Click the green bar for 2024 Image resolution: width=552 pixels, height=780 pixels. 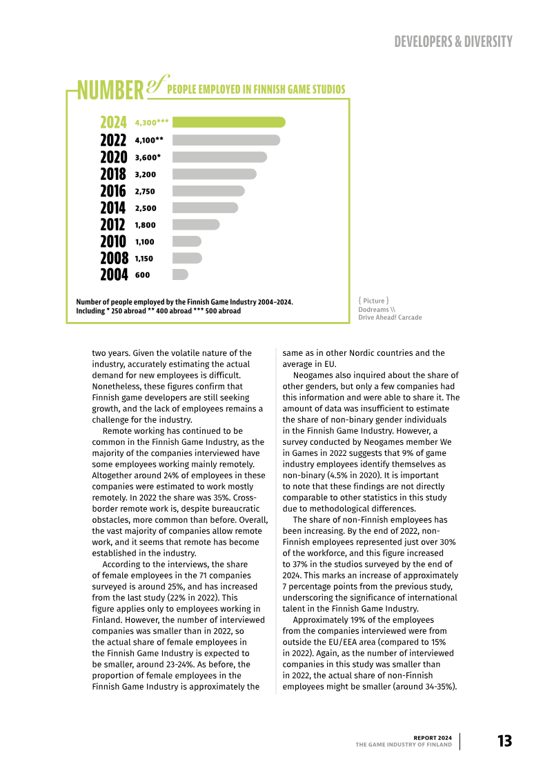[x=228, y=122]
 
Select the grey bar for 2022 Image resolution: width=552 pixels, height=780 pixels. [x=226, y=140]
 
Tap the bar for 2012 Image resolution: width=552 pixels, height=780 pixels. [x=196, y=225]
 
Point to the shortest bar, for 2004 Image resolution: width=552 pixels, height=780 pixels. [x=180, y=274]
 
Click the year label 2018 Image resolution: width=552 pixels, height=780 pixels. [x=113, y=174]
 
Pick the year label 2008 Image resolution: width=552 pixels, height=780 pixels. [x=114, y=259]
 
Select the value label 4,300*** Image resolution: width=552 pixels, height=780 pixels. [x=152, y=123]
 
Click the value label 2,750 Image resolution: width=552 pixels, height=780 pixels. [x=145, y=192]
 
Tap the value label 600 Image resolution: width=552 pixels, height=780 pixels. [x=142, y=275]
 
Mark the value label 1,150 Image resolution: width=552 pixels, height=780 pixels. [x=145, y=259]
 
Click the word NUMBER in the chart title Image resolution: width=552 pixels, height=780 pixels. [x=110, y=90]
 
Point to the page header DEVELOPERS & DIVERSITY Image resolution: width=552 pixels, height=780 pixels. [x=453, y=41]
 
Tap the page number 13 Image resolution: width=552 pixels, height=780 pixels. [x=504, y=741]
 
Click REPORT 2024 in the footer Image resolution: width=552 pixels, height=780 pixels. [x=433, y=737]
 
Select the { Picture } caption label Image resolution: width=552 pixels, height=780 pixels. [x=373, y=301]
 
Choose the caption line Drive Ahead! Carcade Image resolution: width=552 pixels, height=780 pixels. [x=390, y=317]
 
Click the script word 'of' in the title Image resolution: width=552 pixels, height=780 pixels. [x=157, y=84]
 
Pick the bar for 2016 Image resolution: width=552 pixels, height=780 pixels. [x=208, y=191]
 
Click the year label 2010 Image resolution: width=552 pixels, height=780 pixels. [x=113, y=241]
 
